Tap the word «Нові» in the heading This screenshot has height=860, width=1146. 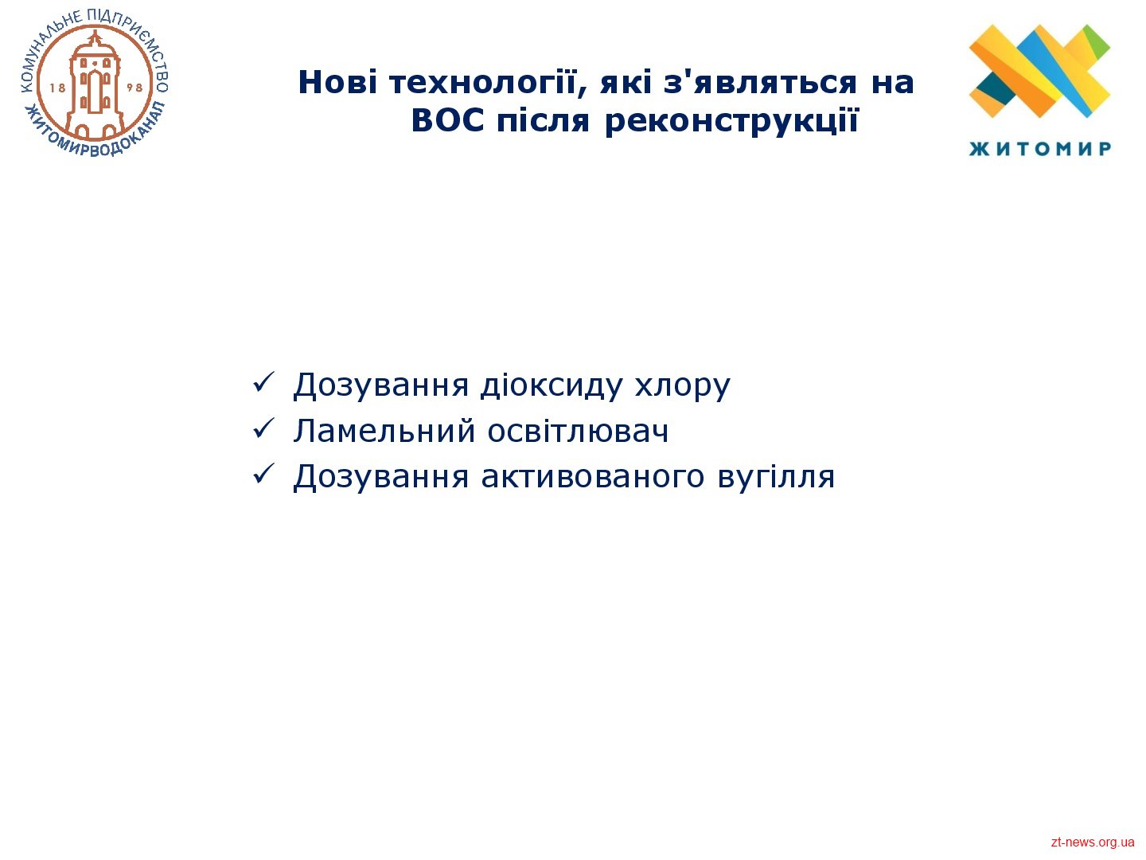pyautogui.click(x=337, y=83)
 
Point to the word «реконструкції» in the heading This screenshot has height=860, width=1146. pyautogui.click(x=731, y=123)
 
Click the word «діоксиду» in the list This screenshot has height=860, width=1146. pyautogui.click(x=552, y=386)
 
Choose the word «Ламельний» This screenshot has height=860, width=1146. pyautogui.click(x=384, y=432)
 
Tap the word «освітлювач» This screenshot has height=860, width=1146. pyautogui.click(x=578, y=432)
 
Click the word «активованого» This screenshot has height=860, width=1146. pyautogui.click(x=593, y=477)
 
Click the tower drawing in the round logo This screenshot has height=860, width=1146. pyautogui.click(x=95, y=84)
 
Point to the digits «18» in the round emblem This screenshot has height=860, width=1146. pyautogui.click(x=57, y=88)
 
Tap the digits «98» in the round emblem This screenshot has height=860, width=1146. pyautogui.click(x=134, y=88)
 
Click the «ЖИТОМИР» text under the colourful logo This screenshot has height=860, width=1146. pyautogui.click(x=1039, y=149)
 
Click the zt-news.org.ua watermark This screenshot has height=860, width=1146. pyautogui.click(x=1092, y=842)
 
